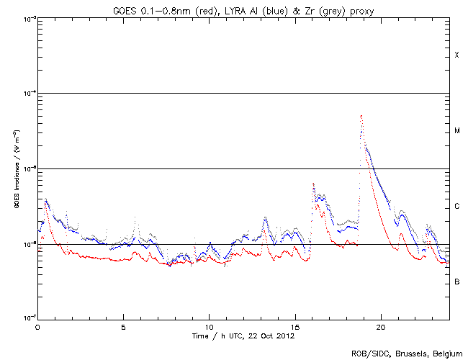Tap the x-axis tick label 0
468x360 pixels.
pyautogui.click(x=37, y=326)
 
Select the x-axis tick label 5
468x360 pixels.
pyautogui.click(x=123, y=326)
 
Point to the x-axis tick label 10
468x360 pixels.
pyautogui.click(x=209, y=326)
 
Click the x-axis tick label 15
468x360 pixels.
pyautogui.click(x=295, y=326)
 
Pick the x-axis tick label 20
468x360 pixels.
pyautogui.click(x=381, y=326)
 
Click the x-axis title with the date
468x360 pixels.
pyautogui.click(x=244, y=336)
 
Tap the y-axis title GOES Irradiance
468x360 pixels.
pyautogui.click(x=16, y=169)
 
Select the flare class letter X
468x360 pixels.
pyautogui.click(x=456, y=55)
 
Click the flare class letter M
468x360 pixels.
pyautogui.click(x=456, y=131)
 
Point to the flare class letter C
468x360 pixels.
pyautogui.click(x=456, y=207)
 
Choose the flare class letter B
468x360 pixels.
pyautogui.click(x=456, y=282)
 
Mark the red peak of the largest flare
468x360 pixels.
pyautogui.click(x=361, y=115)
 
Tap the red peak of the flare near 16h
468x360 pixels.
pyautogui.click(x=313, y=184)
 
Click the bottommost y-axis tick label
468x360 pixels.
pyautogui.click(x=27, y=318)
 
